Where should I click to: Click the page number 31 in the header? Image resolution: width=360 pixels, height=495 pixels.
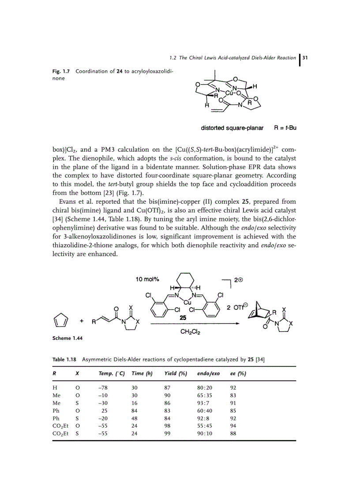pos(305,58)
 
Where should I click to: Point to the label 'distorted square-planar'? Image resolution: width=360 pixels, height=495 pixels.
pos(232,128)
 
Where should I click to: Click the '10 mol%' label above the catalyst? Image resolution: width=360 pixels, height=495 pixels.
pos(148,279)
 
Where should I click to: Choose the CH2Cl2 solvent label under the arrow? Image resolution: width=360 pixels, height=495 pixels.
pos(191,333)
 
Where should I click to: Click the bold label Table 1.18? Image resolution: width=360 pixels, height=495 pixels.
pos(65,359)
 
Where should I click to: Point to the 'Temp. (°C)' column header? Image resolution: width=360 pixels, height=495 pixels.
pos(112,374)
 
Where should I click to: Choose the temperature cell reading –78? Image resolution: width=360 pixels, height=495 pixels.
pos(102,387)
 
